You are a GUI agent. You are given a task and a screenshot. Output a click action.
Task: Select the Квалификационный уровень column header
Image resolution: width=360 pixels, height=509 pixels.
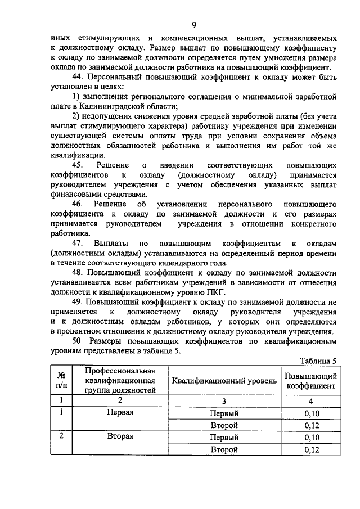224,381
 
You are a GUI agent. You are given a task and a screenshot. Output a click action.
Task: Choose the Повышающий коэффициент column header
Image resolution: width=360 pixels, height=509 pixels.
310,381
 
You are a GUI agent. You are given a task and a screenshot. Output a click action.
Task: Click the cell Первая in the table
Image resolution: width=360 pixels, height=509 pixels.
120,412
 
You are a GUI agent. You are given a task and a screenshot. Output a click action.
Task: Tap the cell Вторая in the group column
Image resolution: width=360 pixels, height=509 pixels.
120,436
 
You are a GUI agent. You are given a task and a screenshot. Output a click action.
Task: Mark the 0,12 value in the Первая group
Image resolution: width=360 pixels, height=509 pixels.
310,425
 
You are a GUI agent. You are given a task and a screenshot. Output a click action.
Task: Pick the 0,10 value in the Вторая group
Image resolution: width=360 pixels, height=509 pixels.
310,437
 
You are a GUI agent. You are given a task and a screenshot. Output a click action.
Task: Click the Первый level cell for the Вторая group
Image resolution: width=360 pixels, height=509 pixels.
224,437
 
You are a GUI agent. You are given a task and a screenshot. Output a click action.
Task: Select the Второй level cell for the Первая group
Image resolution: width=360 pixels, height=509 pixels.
224,425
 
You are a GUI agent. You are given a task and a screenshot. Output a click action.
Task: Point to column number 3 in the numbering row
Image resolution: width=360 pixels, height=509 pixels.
224,400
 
